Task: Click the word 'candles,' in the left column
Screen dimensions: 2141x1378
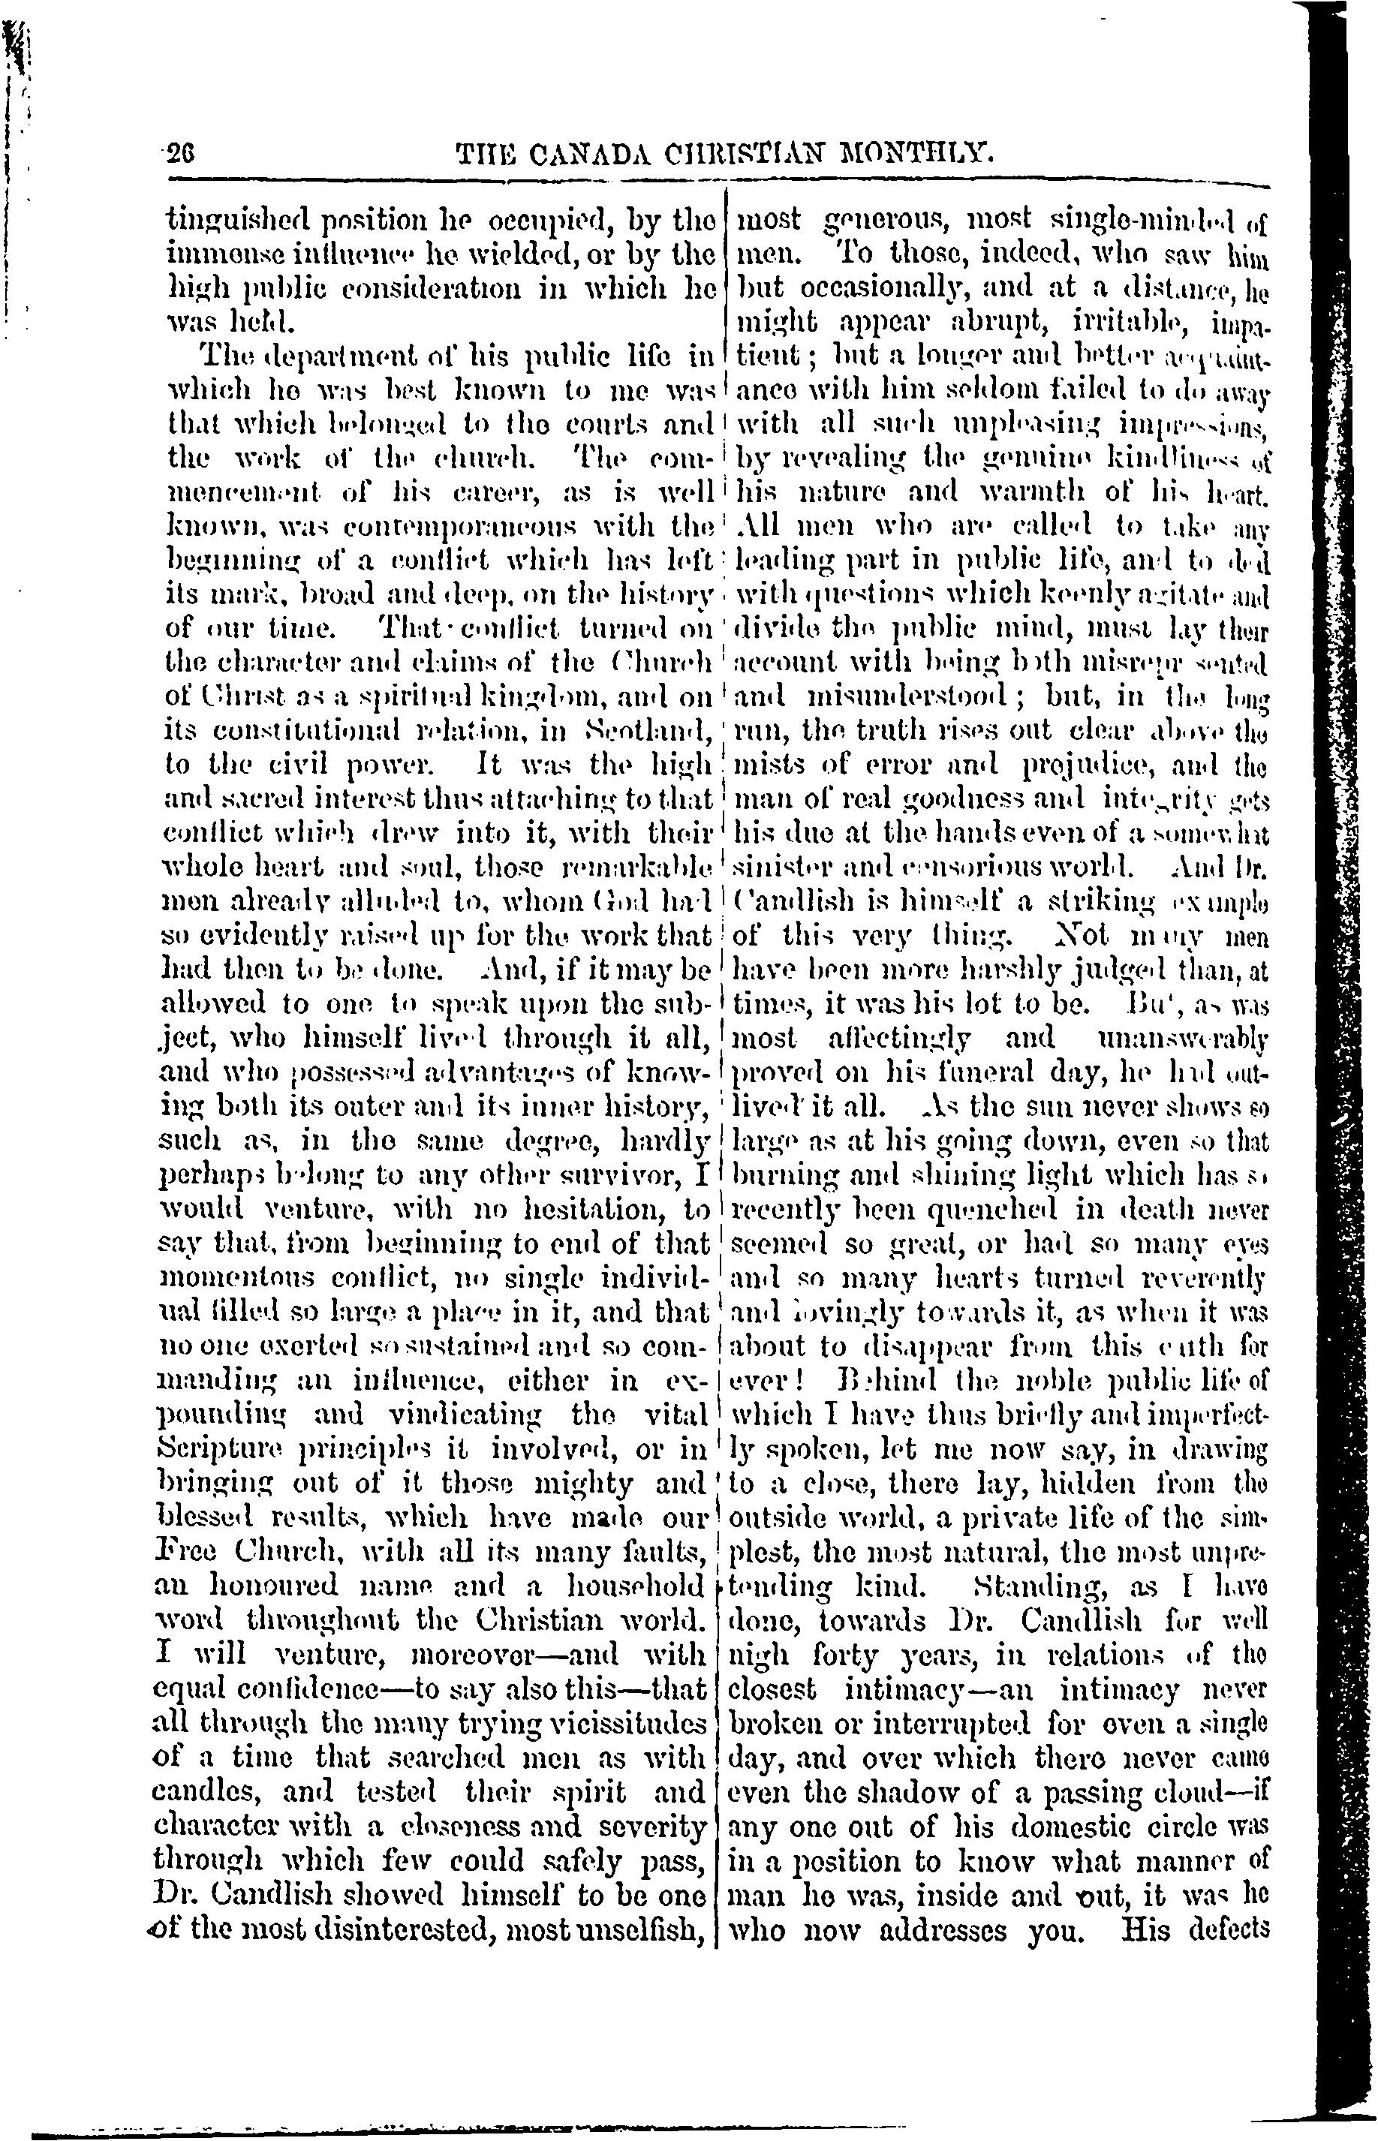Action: [210, 1792]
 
